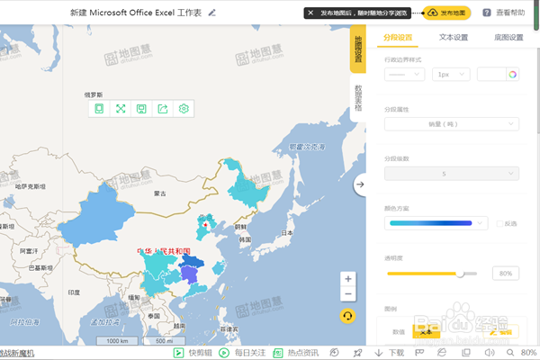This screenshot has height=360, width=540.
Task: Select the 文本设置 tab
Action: click(x=453, y=38)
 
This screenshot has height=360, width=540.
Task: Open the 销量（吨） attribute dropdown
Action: click(x=451, y=124)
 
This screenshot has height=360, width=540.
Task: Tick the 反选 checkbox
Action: click(x=499, y=223)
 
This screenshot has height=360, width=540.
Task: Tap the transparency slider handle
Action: click(x=461, y=273)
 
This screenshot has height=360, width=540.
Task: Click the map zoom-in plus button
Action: click(x=347, y=279)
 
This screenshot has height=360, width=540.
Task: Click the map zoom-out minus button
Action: click(x=347, y=294)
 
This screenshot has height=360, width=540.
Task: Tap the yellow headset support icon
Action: click(x=347, y=316)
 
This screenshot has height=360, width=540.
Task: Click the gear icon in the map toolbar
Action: click(x=184, y=109)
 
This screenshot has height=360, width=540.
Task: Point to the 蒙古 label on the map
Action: click(x=161, y=193)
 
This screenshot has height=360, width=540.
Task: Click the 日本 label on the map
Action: click(x=286, y=232)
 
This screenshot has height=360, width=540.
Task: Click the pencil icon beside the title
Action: click(x=212, y=13)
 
